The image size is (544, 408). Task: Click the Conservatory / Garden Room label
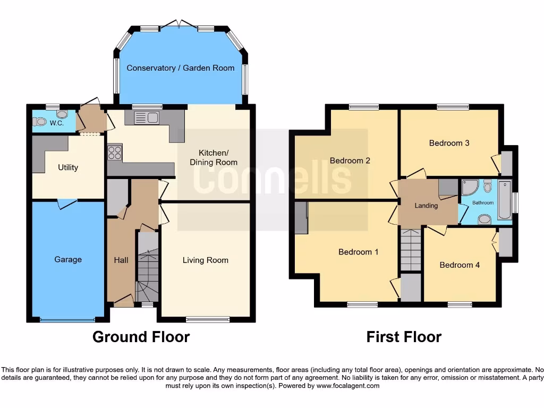click(x=180, y=68)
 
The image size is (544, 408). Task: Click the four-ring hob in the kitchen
click(x=115, y=153)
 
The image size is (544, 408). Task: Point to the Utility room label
click(x=68, y=167)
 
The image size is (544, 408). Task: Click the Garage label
click(x=68, y=259)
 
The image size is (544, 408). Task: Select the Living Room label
click(x=205, y=260)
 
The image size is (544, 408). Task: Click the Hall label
click(x=121, y=260)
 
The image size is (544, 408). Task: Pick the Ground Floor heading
click(x=141, y=337)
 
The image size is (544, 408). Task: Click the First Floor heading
click(x=404, y=337)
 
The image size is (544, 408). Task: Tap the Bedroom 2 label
click(x=350, y=160)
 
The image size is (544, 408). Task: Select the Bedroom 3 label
click(x=449, y=142)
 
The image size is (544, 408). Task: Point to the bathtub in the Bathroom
click(x=504, y=200)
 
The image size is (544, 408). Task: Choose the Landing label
click(x=426, y=206)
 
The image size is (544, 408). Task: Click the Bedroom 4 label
click(x=460, y=265)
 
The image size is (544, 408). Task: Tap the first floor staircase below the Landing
click(x=410, y=250)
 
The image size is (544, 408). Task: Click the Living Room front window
click(x=208, y=320)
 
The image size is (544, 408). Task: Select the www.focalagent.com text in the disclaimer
click(x=347, y=386)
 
